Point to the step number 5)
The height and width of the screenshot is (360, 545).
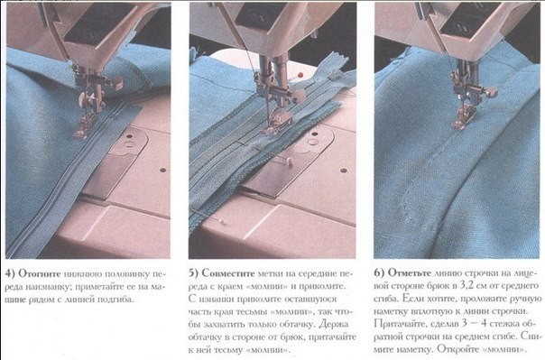click(x=195, y=272)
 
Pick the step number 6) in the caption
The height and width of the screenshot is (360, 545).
click(x=378, y=272)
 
